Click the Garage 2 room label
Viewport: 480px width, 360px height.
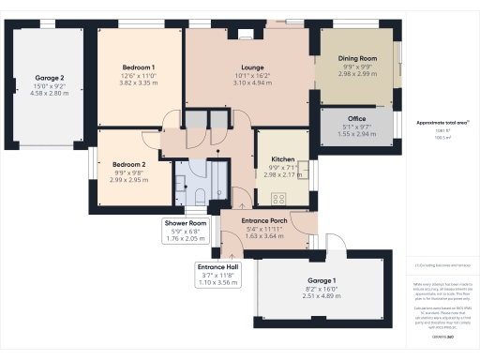coord(50,78)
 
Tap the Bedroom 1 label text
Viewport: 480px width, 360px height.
coord(138,67)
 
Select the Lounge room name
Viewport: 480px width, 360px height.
coord(250,67)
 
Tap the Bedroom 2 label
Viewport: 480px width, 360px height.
coord(128,162)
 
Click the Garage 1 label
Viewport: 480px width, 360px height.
coord(322,281)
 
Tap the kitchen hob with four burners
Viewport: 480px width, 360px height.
coord(278,198)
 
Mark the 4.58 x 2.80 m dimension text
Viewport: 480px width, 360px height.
coord(50,94)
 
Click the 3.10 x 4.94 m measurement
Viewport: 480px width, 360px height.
coord(250,83)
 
